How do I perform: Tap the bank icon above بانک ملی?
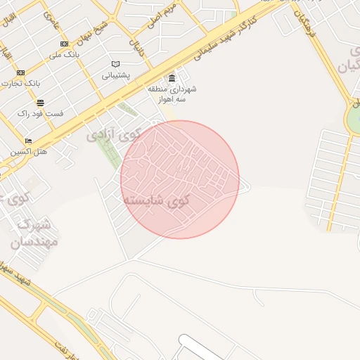pos(65,44)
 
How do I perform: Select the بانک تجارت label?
pos(22,83)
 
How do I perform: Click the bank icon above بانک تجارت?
pos(20,72)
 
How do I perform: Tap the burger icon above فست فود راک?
pos(40,103)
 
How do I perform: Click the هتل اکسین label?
pos(29,151)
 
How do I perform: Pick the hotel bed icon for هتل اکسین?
pos(28,141)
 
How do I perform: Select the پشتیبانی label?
pos(117,75)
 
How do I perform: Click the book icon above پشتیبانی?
pos(115,65)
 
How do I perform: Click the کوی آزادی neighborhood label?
pos(115,134)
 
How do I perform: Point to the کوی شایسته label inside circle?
pos(157,200)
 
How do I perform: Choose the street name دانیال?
pos(135,46)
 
